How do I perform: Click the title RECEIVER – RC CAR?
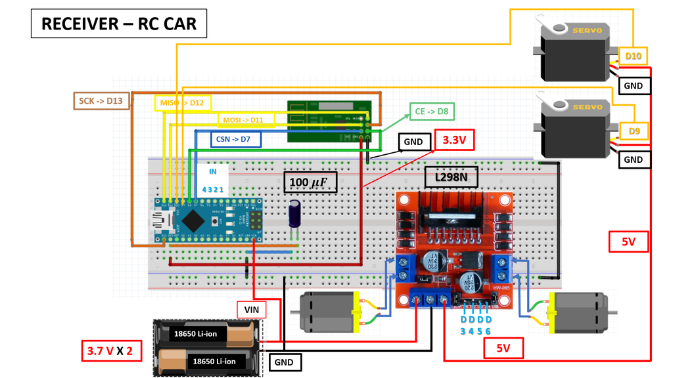pyautogui.click(x=119, y=24)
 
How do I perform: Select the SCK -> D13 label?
pyautogui.click(x=101, y=100)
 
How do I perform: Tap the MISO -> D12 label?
pyautogui.click(x=182, y=103)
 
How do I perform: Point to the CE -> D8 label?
pyautogui.click(x=431, y=112)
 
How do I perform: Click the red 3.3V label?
pyautogui.click(x=454, y=140)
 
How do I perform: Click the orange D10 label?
pyautogui.click(x=634, y=56)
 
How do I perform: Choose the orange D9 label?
pyautogui.click(x=634, y=131)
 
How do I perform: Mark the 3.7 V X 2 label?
pyautogui.click(x=110, y=351)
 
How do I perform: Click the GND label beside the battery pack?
pyautogui.click(x=285, y=362)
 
